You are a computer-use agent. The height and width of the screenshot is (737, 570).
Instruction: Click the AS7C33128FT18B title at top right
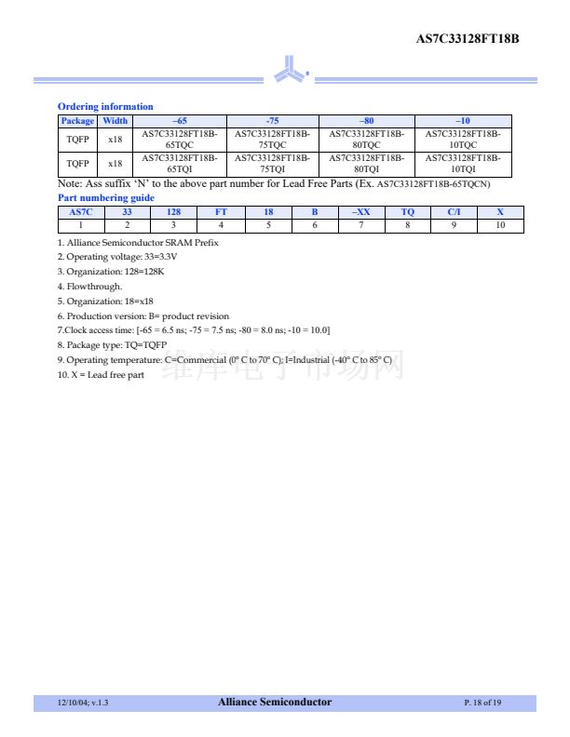(x=467, y=38)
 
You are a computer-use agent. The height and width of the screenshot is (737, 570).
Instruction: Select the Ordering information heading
(x=105, y=106)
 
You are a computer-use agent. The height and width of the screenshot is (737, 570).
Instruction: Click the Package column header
(x=77, y=121)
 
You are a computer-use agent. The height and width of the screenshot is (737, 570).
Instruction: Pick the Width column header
(x=115, y=121)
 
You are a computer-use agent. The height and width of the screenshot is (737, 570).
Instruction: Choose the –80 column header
(x=367, y=121)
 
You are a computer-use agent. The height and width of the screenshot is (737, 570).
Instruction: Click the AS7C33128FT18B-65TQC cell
(x=179, y=140)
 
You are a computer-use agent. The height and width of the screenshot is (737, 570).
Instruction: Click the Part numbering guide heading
(x=106, y=197)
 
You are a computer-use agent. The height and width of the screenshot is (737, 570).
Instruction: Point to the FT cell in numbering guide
(x=221, y=212)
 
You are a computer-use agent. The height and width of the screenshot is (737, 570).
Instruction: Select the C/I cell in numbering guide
(x=454, y=212)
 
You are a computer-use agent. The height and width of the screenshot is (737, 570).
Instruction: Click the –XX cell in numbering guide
(x=360, y=212)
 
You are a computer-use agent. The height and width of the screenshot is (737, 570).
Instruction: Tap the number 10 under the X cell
(x=500, y=225)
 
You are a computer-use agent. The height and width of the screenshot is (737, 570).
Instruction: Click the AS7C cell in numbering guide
(x=81, y=212)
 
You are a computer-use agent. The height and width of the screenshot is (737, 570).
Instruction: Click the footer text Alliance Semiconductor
(x=275, y=703)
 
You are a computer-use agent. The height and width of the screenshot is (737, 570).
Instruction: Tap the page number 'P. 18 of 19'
(x=482, y=703)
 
